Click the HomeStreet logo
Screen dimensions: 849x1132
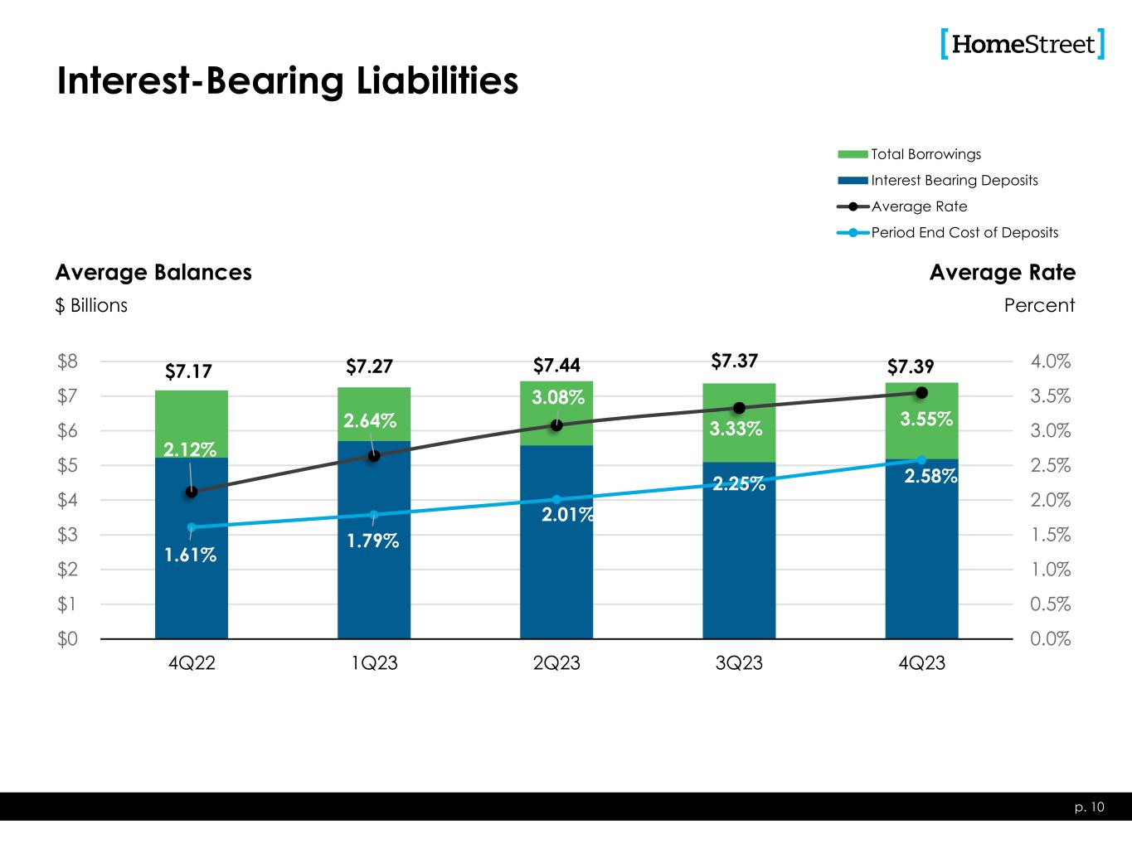click(x=1023, y=44)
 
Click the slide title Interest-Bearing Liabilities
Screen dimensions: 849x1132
click(x=287, y=81)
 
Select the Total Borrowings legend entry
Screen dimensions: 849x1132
click(x=926, y=154)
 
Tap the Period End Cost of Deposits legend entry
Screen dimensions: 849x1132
click(x=964, y=232)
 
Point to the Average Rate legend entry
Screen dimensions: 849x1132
click(x=919, y=206)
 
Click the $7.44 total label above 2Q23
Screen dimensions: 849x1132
click(x=556, y=366)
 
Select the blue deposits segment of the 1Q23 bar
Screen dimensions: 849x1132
click(x=374, y=580)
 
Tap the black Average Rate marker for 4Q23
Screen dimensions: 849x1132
click(x=921, y=392)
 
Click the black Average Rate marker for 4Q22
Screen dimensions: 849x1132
click(x=192, y=492)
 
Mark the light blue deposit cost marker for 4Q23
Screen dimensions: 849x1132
click(x=921, y=459)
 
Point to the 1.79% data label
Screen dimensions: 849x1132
click(x=372, y=541)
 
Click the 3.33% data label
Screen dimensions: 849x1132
click(x=736, y=429)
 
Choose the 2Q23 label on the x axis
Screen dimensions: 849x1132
click(x=556, y=664)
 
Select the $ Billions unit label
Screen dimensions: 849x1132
click(x=91, y=305)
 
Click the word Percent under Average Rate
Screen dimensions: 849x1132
click(x=1038, y=305)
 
